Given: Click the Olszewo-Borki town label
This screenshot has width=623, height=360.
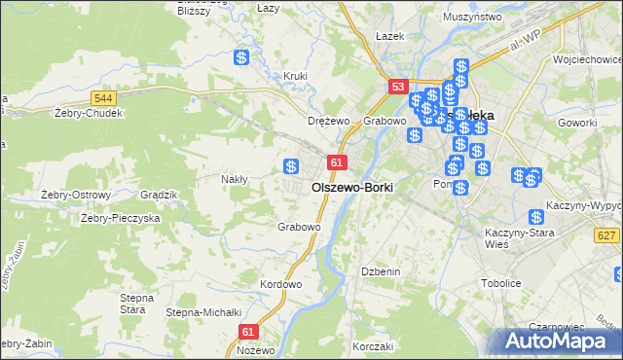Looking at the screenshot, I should (x=351, y=186).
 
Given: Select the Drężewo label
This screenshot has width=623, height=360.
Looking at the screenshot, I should (x=328, y=121).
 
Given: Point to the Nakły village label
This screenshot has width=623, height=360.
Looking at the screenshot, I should (x=236, y=179).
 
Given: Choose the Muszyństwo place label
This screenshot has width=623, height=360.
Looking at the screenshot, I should (x=471, y=17).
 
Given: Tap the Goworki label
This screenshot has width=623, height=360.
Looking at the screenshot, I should (x=577, y=124).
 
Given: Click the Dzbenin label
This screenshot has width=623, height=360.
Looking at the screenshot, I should (x=381, y=271).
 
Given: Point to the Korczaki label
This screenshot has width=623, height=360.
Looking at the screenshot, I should (x=373, y=346).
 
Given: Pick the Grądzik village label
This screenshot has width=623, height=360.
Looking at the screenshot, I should (x=159, y=195).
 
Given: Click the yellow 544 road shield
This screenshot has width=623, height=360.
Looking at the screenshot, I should (x=104, y=98).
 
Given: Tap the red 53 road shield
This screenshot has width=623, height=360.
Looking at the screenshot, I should (x=397, y=87).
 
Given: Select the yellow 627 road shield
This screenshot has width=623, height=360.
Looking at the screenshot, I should (x=607, y=235).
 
